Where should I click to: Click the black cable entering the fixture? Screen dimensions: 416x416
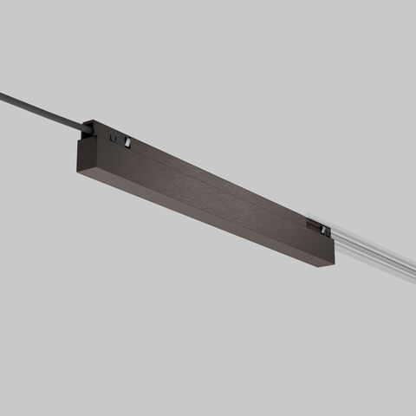coord(43,110)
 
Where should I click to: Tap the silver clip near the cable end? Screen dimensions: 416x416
coord(127,141)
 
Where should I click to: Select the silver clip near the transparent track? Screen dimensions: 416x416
coord(323,229)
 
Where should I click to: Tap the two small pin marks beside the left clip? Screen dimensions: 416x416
coord(113,136)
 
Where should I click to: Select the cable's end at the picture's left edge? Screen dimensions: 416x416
coord(3,94)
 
